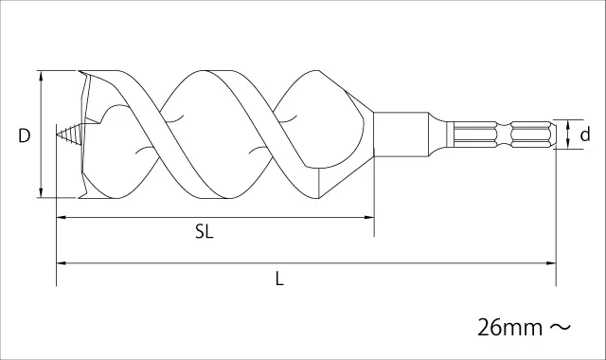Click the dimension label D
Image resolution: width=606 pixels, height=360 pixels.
pos(25,135)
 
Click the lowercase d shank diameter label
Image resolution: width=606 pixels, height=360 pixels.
pos(585,135)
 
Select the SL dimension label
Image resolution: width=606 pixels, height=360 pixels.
pos(205,232)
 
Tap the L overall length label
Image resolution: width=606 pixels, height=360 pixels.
pos(279,279)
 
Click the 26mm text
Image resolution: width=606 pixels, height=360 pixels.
pos(510,328)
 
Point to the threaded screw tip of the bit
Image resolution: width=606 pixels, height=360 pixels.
pos(69,135)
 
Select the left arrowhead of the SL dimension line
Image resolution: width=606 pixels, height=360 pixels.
pos(62,218)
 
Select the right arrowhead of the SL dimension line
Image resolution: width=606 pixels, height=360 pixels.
pos(368,218)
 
